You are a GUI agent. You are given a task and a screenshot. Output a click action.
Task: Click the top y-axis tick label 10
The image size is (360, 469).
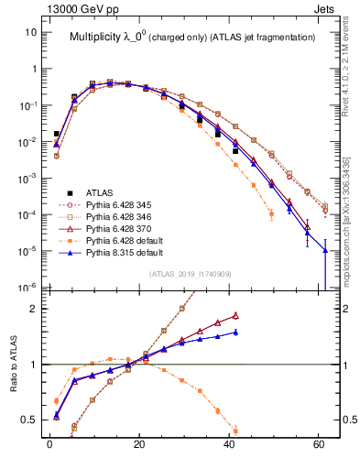30,32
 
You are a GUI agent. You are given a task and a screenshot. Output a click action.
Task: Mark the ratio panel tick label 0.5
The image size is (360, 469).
29,420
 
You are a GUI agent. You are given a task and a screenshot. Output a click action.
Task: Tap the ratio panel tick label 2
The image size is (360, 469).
33,309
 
